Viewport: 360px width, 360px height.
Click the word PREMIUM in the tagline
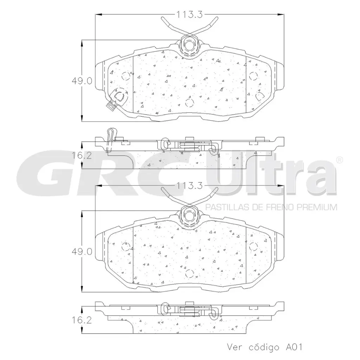[x=318, y=207]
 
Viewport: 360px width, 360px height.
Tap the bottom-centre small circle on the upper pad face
[x=189, y=103]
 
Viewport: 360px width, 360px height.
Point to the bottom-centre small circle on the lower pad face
[x=189, y=273]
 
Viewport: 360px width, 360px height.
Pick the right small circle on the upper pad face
[x=253, y=76]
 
